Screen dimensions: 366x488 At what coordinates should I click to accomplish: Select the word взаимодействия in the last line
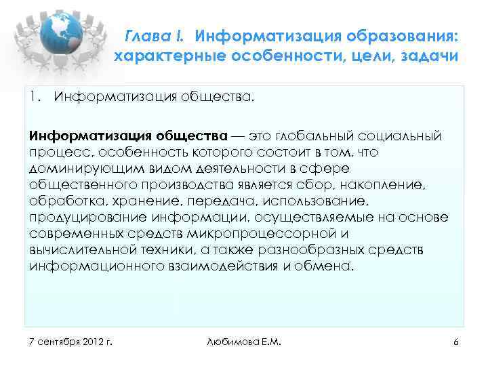pyautogui.click(x=226, y=266)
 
